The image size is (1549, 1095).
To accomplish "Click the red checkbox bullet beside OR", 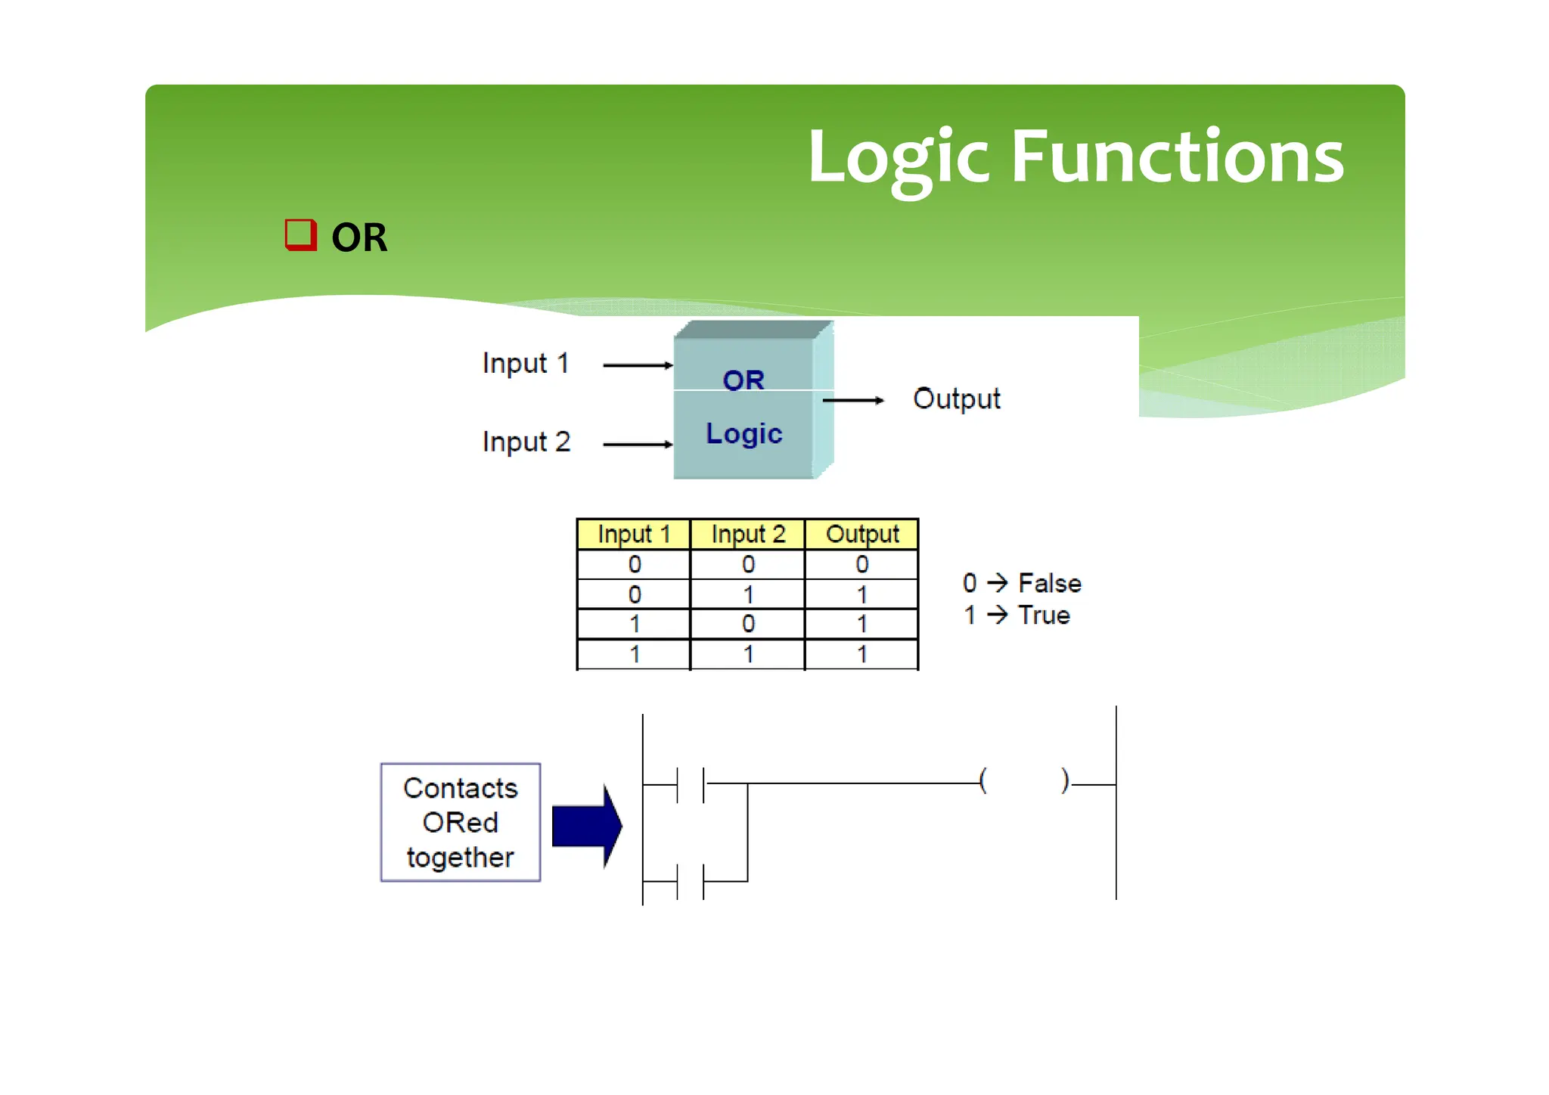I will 300,234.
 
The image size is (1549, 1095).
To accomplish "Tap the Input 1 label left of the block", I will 526,364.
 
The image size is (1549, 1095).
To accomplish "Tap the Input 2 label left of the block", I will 526,442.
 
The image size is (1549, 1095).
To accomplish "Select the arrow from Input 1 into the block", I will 637,365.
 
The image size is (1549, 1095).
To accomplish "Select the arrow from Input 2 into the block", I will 637,444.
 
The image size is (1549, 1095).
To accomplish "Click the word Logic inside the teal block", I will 743,434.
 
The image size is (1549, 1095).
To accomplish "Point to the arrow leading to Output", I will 852,400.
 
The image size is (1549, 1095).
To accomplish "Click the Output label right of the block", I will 956,399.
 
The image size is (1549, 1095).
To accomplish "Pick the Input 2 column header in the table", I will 748,534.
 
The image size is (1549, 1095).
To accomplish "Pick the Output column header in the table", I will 862,534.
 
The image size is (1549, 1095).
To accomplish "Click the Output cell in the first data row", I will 862,564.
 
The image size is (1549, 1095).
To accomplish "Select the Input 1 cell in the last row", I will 634,654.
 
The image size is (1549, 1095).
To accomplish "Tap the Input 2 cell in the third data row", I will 748,624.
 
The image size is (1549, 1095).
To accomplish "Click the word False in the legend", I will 1050,583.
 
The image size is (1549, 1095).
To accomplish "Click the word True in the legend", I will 1044,615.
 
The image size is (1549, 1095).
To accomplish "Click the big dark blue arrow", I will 587,826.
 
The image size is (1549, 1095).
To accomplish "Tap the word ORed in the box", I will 460,823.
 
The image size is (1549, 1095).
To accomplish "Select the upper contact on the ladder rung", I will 691,784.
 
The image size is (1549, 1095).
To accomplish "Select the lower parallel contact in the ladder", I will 691,881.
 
